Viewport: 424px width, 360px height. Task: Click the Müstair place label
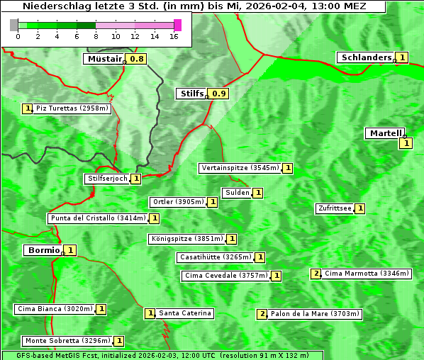[104, 59]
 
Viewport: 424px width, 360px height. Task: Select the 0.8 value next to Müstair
[137, 60]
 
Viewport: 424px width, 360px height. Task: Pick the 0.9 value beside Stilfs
[219, 94]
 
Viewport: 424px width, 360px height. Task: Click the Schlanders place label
[365, 57]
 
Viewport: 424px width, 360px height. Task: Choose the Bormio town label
[43, 250]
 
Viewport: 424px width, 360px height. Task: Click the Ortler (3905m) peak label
[178, 202]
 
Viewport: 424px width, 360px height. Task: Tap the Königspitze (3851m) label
[186, 239]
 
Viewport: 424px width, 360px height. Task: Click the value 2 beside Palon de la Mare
[262, 314]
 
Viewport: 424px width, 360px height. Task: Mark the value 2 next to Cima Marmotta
[316, 274]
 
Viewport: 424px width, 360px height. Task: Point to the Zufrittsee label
[335, 208]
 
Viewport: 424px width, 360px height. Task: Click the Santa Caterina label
[185, 313]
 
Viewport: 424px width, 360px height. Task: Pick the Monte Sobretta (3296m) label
[67, 341]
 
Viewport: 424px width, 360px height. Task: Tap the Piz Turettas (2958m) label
[73, 108]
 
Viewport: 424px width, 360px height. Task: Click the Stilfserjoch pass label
[107, 179]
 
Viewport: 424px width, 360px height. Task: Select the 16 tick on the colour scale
[173, 37]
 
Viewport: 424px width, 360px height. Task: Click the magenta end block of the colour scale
[177, 25]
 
